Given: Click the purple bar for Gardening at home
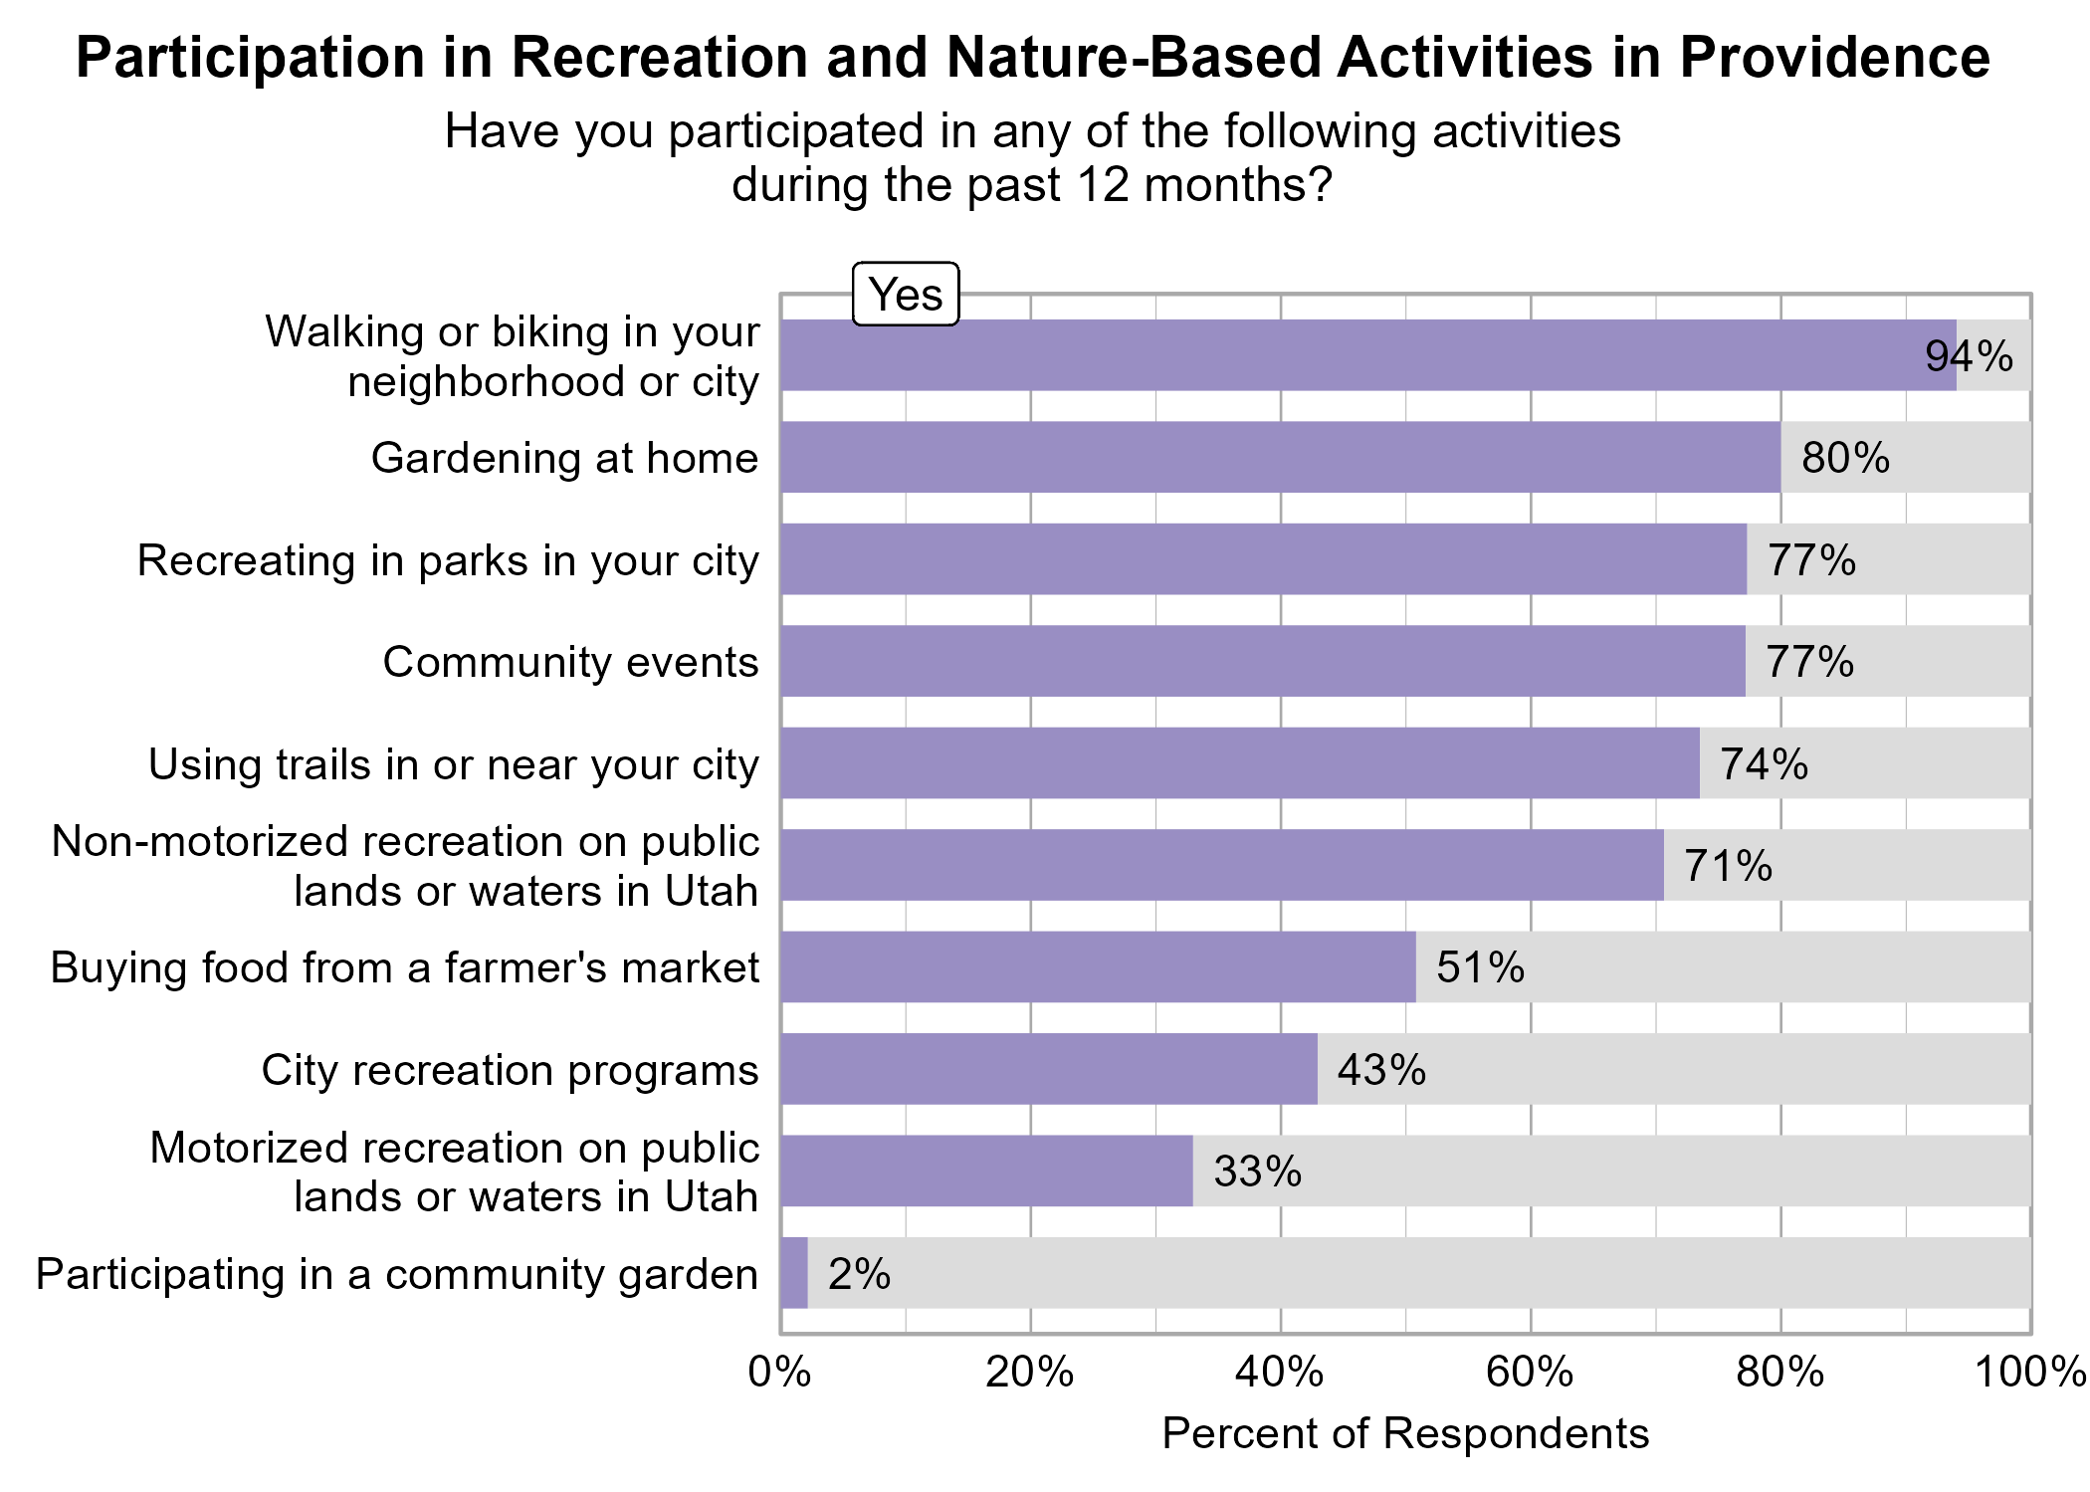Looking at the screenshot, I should [1280, 457].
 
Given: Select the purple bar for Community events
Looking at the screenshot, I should [1262, 661].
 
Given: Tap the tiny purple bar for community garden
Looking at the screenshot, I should [793, 1273].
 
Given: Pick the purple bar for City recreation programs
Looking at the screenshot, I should [1048, 1069].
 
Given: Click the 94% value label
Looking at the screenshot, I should [1969, 356].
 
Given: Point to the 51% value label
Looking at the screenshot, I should [1480, 967].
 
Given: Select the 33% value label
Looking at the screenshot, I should [1257, 1172].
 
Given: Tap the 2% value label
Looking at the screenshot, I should [859, 1274].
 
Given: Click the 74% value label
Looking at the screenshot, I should [1764, 764].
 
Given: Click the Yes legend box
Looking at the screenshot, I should [905, 295].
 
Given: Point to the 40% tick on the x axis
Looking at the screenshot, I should [1280, 1373].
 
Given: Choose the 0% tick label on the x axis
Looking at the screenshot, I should [779, 1373].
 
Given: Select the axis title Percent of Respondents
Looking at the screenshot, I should [1404, 1433].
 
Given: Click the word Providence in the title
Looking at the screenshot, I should [1834, 58].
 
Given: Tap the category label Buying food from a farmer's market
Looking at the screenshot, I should [404, 967].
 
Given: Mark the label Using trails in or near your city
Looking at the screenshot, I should [453, 764].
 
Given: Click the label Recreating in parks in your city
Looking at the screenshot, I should [448, 560].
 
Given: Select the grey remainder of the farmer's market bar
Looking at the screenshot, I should [1722, 967].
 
